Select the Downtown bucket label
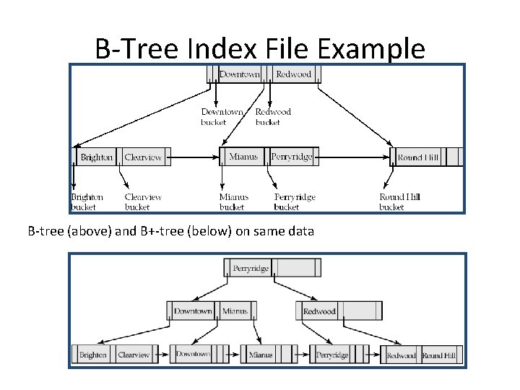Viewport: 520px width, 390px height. [x=222, y=117]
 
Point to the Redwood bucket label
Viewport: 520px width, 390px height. [x=273, y=117]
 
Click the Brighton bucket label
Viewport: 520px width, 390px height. [x=87, y=201]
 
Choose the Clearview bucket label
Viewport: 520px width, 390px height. [x=143, y=201]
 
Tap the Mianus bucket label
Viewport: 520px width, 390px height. [x=234, y=201]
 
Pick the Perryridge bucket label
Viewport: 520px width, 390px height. [x=295, y=201]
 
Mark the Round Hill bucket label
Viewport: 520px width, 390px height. [x=399, y=201]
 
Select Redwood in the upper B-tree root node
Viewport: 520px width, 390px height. [x=293, y=74]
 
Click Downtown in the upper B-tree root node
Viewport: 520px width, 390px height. [x=240, y=74]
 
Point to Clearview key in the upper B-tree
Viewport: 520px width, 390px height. [x=143, y=157]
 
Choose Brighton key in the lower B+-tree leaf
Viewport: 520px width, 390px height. [x=93, y=355]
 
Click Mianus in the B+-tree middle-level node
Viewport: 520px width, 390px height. [x=235, y=311]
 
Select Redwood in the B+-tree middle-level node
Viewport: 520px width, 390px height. [x=319, y=311]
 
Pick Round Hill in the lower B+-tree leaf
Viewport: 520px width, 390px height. [x=438, y=355]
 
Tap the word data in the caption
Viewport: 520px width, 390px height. [x=300, y=232]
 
